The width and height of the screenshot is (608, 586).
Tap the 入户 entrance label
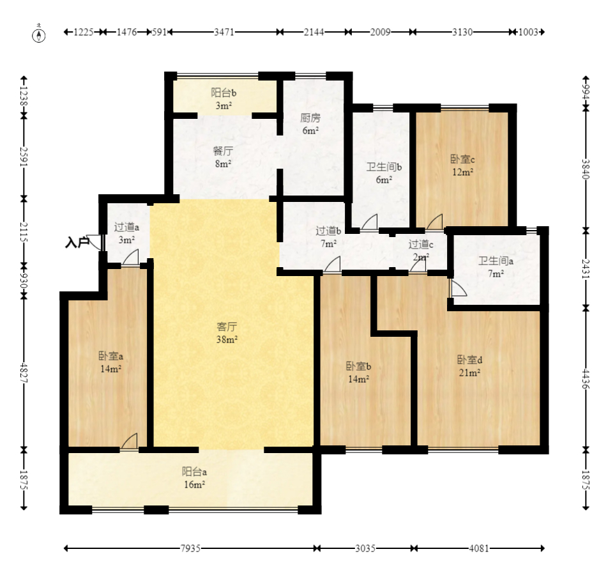point(77,243)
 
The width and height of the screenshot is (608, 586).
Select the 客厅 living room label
point(227,327)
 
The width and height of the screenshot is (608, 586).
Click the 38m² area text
point(227,339)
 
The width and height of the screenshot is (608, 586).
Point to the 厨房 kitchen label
point(310,118)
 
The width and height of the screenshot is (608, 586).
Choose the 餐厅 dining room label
point(223,151)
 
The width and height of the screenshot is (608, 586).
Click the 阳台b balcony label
point(224,93)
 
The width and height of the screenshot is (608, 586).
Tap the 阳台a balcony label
point(194,472)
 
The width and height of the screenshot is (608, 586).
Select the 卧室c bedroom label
point(462,158)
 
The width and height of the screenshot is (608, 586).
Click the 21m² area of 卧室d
point(469,373)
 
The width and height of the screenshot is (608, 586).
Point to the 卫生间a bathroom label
point(496,261)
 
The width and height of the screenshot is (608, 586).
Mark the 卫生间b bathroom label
point(384,167)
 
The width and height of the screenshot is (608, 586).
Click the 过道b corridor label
point(328,231)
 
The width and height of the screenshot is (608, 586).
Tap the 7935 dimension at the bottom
point(190,548)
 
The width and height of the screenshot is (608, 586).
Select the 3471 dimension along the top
point(224,32)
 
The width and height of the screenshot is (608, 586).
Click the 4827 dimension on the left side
point(24,373)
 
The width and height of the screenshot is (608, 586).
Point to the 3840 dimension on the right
point(586,169)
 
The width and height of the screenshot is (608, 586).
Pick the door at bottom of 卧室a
point(129,442)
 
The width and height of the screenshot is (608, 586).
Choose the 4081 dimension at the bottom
point(479,548)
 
